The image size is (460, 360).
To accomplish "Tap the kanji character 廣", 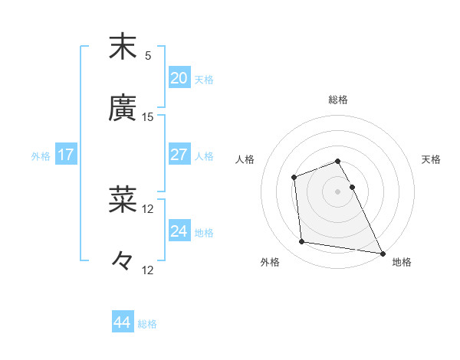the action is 123,108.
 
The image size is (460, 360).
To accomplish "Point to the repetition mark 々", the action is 123,262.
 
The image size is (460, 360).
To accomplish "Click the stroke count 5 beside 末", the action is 148,56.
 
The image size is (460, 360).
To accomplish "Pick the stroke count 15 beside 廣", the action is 148,117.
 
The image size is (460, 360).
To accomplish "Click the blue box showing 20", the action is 179,78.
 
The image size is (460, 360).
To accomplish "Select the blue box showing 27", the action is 179,155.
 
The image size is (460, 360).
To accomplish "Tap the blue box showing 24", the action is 179,231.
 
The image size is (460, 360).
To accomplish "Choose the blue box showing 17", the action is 66,155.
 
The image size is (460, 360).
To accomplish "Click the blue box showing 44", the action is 122,322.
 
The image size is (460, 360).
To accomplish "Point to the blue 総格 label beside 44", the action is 148,324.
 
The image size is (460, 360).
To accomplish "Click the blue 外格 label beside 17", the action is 41,156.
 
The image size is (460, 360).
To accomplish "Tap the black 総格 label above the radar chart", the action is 338,100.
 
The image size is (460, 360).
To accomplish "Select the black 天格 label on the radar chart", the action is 432,159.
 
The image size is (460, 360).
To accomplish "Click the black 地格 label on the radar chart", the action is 402,262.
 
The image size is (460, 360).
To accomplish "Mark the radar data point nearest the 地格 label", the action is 383,253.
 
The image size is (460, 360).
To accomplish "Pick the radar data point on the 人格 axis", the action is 294,178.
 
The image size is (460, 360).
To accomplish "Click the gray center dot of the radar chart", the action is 338,191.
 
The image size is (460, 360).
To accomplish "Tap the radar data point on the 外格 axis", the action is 303,242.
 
